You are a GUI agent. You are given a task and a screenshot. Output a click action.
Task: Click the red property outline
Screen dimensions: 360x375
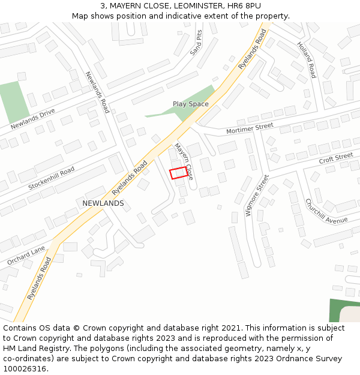178,173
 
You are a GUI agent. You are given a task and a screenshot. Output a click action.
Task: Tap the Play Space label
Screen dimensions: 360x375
191,104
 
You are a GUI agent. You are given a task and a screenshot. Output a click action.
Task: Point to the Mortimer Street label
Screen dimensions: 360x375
250,128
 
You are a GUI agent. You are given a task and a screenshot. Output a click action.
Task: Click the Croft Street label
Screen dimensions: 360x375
336,158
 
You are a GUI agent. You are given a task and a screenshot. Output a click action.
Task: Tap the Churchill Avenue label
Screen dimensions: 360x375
326,211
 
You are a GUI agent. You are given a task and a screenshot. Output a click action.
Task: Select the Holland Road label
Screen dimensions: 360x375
306,61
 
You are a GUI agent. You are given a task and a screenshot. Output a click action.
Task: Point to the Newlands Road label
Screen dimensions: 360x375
97,92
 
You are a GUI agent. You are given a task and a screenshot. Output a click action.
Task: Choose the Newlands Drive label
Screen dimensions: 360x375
32,119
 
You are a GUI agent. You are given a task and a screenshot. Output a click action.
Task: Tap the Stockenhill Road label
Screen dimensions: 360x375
52,178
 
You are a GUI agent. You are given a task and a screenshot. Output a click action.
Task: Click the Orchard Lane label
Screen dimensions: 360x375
26,256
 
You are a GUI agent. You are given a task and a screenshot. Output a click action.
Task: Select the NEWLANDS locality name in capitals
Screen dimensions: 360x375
103,203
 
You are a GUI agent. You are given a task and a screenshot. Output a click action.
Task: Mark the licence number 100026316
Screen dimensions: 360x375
25,368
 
